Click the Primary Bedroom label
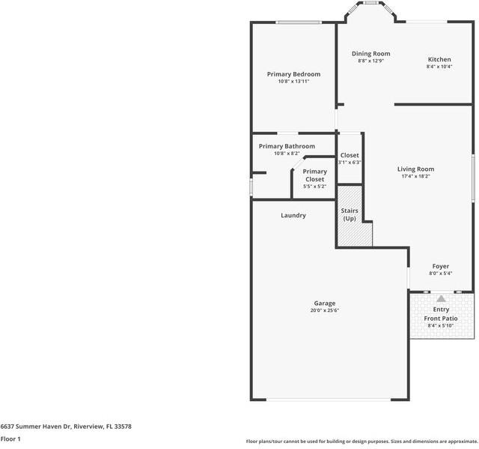tap(293, 74)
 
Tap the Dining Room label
tap(371, 54)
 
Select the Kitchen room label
tap(439, 60)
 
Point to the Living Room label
tap(415, 169)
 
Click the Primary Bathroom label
tap(287, 146)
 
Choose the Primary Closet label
tap(314, 175)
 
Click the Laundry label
tap(293, 216)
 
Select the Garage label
tap(324, 304)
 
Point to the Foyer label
tap(441, 266)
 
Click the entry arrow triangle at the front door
tap(441, 298)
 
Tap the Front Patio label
tap(441, 319)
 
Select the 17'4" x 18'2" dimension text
tap(415, 177)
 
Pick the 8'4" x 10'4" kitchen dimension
tap(439, 67)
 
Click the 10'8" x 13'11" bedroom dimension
tap(293, 82)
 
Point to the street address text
tap(66, 426)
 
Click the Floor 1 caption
tap(10, 439)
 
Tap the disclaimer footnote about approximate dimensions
tap(361, 442)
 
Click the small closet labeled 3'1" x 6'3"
tap(350, 158)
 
